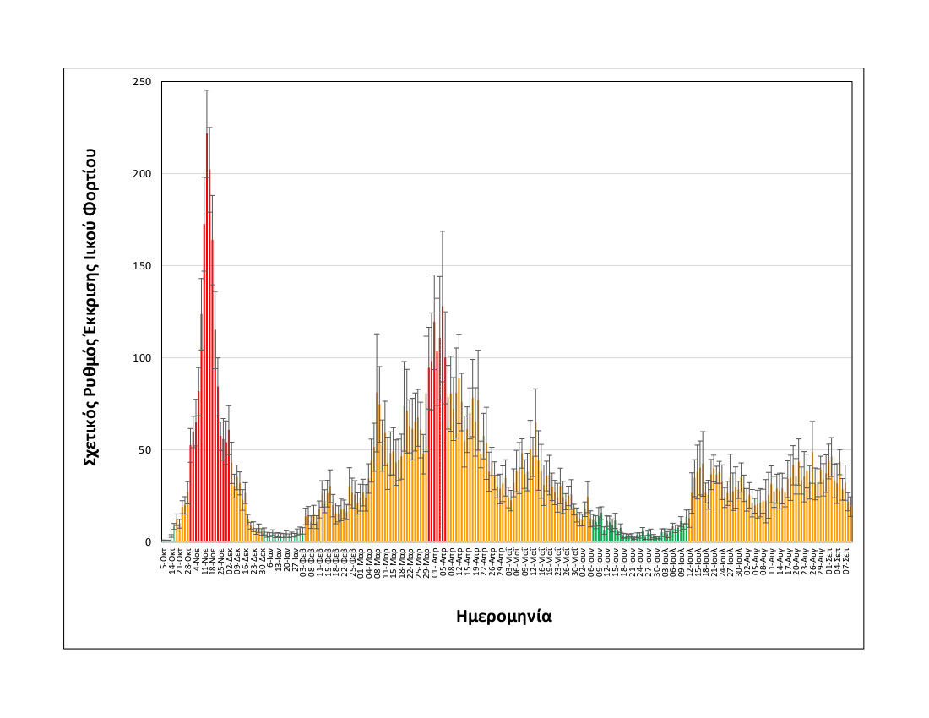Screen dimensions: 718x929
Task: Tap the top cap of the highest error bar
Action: (206, 90)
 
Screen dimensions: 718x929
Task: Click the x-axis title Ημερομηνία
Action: (503, 616)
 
